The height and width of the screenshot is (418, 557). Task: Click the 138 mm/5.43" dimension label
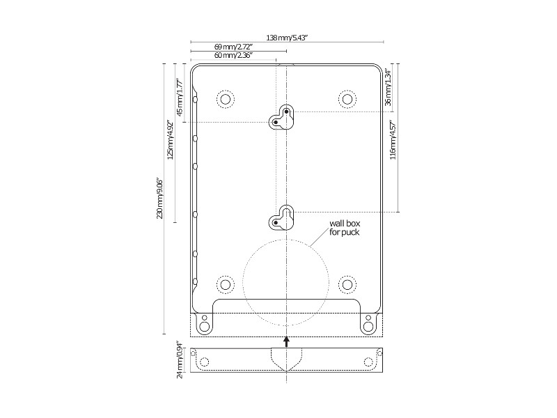tap(286, 38)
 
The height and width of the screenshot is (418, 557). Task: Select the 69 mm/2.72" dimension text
tap(233, 47)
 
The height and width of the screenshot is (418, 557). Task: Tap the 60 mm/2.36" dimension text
tap(233, 56)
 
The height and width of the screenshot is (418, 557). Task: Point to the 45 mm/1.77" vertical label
tap(180, 98)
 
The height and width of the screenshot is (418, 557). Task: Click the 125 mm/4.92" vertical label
tap(171, 140)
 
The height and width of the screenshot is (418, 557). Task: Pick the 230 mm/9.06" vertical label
tap(160, 198)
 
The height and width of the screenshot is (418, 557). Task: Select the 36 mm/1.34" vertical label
tap(388, 88)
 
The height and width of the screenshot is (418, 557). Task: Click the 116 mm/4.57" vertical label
tap(393, 140)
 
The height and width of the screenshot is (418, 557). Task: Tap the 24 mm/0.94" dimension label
tap(180, 360)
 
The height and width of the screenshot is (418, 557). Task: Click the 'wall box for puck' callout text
tap(345, 228)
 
